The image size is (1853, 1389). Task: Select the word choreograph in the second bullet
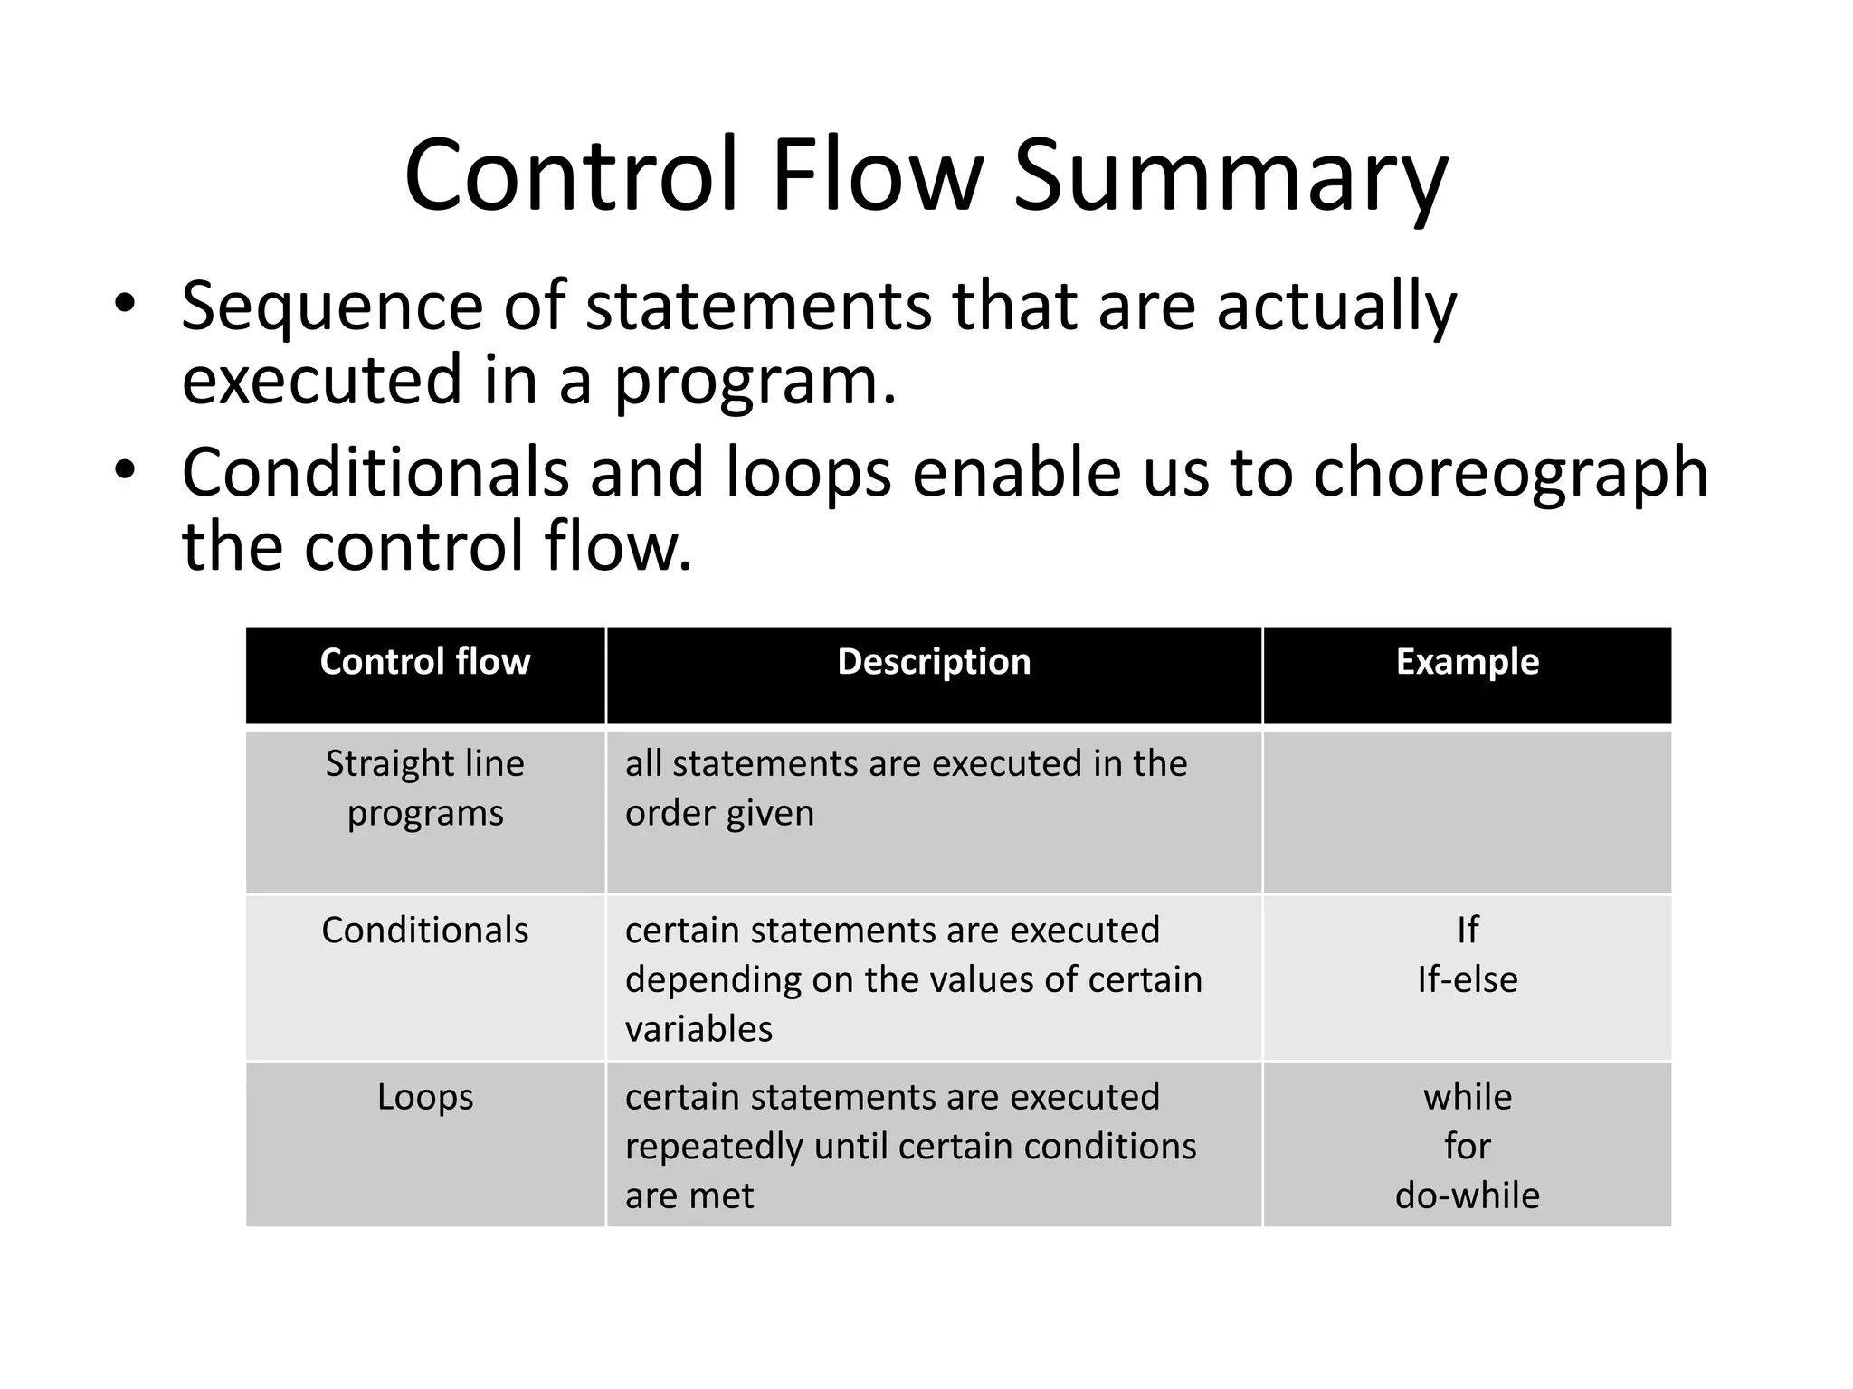(x=1510, y=473)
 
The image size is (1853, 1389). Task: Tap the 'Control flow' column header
(x=425, y=662)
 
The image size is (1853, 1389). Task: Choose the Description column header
(x=934, y=662)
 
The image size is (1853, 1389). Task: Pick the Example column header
(x=1467, y=662)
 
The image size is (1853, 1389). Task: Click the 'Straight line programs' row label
(x=425, y=788)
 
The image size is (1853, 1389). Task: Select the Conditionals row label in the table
(x=425, y=931)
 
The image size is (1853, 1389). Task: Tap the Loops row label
(x=425, y=1097)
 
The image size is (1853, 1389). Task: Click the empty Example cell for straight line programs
(x=1467, y=811)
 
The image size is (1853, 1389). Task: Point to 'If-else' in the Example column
(x=1467, y=979)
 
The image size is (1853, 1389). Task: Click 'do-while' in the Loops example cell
(x=1467, y=1195)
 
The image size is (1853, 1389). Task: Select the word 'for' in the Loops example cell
(x=1467, y=1147)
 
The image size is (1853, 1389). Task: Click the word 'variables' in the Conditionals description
(x=698, y=1029)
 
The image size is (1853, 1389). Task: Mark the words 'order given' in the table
(x=719, y=813)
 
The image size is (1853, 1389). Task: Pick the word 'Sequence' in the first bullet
(x=332, y=306)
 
